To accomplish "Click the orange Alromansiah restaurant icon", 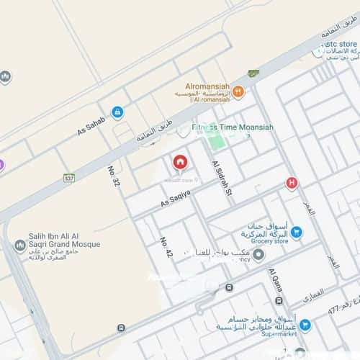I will (x=238, y=91).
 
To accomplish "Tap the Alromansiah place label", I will (x=207, y=84).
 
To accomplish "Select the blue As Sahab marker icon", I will (x=117, y=112).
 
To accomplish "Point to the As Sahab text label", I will (x=91, y=127).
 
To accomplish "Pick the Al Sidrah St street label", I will (x=220, y=179).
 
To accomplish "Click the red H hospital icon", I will (x=292, y=183).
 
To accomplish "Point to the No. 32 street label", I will (x=113, y=176).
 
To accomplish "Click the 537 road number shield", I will (x=68, y=177).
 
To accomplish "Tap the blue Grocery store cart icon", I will (x=297, y=232).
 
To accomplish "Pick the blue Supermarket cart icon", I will (x=305, y=325).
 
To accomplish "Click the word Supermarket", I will (x=267, y=335).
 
